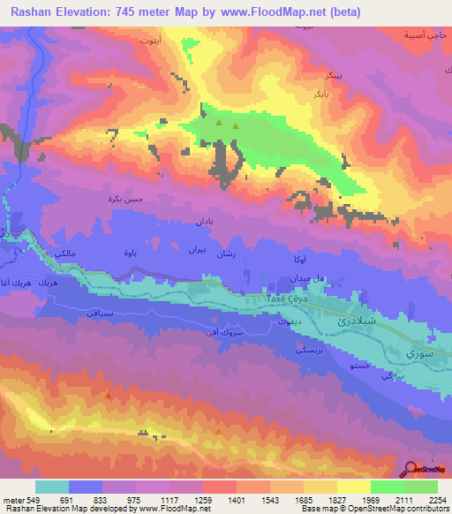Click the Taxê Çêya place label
290,299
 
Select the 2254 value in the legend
437,499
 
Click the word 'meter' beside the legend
13,499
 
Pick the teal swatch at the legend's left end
52,487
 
